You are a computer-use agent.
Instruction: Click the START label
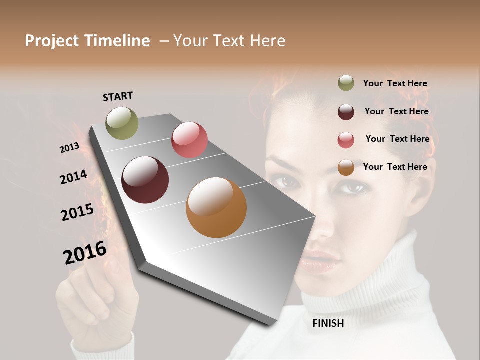pyautogui.click(x=118, y=96)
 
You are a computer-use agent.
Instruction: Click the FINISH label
pyautogui.click(x=328, y=323)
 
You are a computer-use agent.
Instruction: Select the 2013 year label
pyautogui.click(x=69, y=148)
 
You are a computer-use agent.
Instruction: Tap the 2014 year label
pyautogui.click(x=73, y=177)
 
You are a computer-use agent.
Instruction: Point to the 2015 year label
pyautogui.click(x=77, y=212)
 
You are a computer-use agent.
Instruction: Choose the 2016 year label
pyautogui.click(x=85, y=253)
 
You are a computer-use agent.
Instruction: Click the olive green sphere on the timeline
pyautogui.click(x=122, y=123)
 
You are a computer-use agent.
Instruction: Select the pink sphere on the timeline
pyautogui.click(x=189, y=140)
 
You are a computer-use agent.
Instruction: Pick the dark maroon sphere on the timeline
pyautogui.click(x=145, y=180)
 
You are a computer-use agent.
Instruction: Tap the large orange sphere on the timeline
pyautogui.click(x=216, y=207)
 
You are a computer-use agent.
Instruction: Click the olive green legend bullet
pyautogui.click(x=346, y=83)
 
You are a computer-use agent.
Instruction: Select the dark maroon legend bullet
pyautogui.click(x=346, y=111)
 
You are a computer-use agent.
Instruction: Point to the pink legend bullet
pyautogui.click(x=346, y=139)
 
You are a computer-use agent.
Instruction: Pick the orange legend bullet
pyautogui.click(x=346, y=167)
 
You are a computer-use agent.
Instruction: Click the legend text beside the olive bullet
pyautogui.click(x=395, y=83)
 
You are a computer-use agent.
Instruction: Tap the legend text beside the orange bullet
pyautogui.click(x=395, y=167)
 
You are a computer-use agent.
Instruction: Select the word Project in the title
pyautogui.click(x=52, y=41)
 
